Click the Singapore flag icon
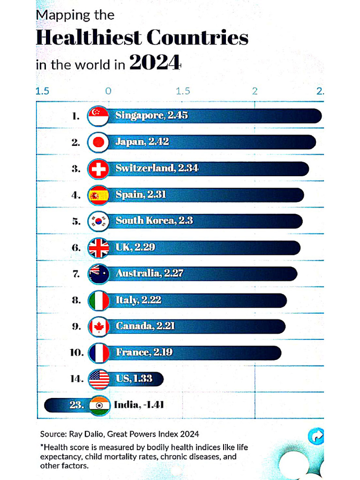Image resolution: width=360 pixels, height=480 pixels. (98, 116)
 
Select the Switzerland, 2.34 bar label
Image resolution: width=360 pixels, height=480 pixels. (157, 168)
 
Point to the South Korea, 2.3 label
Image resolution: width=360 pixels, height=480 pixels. (154, 221)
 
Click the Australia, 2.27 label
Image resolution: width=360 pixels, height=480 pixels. (149, 273)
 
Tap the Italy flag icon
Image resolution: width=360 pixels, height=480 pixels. (98, 300)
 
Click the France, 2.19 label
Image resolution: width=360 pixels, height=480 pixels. (144, 352)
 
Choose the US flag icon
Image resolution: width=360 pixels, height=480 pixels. (98, 379)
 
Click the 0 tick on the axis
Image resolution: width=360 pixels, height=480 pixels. (108, 91)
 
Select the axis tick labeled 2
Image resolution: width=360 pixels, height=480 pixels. (255, 91)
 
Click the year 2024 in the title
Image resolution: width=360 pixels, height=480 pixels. (154, 63)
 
